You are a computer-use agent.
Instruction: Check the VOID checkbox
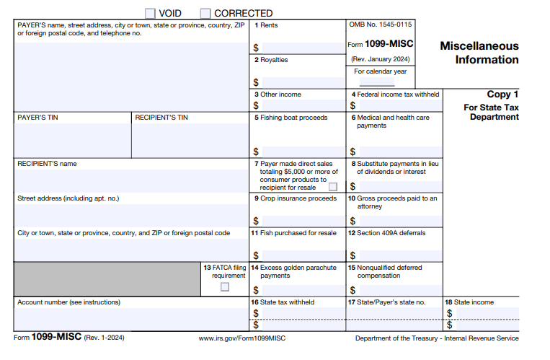point(150,13)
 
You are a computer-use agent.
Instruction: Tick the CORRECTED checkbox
point(205,13)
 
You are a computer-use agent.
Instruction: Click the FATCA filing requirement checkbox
point(225,286)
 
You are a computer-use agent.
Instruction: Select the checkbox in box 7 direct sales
point(333,186)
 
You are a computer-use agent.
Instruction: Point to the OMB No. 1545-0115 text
point(380,25)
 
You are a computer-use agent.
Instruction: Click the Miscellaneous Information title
point(479,53)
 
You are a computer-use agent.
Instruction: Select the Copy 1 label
point(502,94)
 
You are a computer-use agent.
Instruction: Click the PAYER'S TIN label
point(37,118)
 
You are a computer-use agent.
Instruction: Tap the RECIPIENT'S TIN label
point(161,118)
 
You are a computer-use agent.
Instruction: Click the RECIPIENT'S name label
point(47,164)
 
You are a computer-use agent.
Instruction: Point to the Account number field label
point(68,302)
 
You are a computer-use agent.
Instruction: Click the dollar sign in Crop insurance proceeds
point(256,221)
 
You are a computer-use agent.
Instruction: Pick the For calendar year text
point(381,71)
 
